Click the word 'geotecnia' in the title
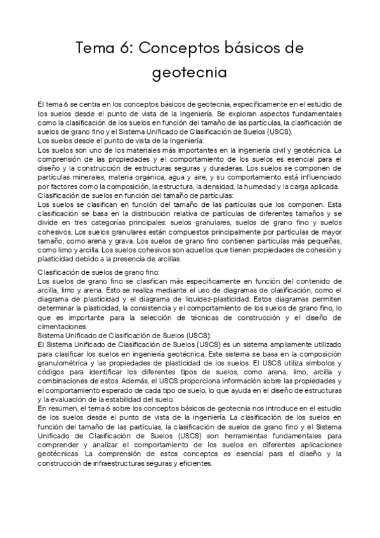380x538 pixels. (x=190, y=73)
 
